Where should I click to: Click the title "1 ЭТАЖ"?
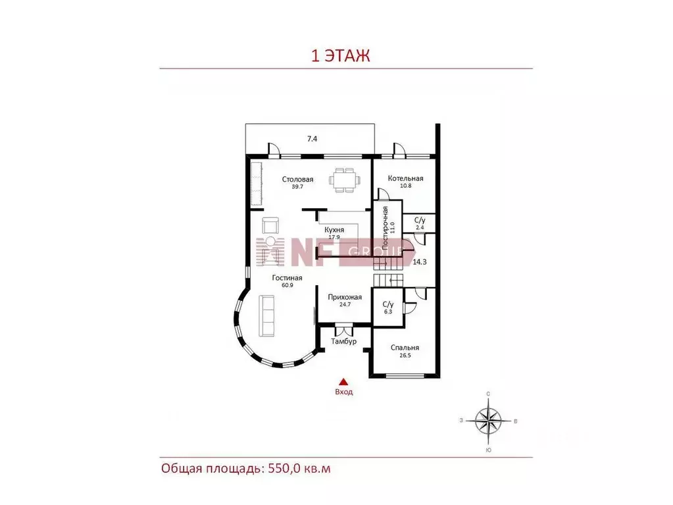pyautogui.click(x=340, y=56)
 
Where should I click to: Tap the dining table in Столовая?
pyautogui.click(x=344, y=180)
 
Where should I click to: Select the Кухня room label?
pyautogui.click(x=334, y=230)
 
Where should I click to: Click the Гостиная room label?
pyautogui.click(x=287, y=278)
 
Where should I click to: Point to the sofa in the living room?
pyautogui.click(x=267, y=315)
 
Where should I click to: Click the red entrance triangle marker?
pyautogui.click(x=343, y=382)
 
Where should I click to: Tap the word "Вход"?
pyautogui.click(x=344, y=392)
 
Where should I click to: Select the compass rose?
pyautogui.click(x=488, y=421)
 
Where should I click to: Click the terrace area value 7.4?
pyautogui.click(x=312, y=139)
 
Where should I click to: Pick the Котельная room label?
pyautogui.click(x=406, y=178)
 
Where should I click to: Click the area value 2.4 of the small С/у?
pyautogui.click(x=420, y=228)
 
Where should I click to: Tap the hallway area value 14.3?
pyautogui.click(x=419, y=262)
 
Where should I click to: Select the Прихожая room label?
pyautogui.click(x=345, y=297)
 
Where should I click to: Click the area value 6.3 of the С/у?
pyautogui.click(x=388, y=312)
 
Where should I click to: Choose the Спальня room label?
pyautogui.click(x=405, y=348)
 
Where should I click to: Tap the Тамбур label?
pyautogui.click(x=344, y=342)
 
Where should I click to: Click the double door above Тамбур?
pyautogui.click(x=344, y=330)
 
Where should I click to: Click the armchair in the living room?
pyautogui.click(x=270, y=225)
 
